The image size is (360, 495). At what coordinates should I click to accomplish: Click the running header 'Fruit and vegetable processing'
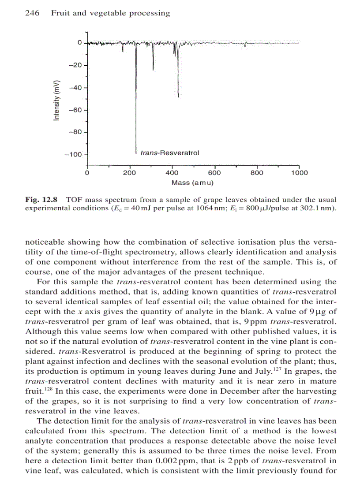pos(110,13)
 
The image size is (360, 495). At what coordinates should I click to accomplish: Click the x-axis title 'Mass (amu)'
pos(192,182)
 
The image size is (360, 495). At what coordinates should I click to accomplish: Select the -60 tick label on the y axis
pos(75,110)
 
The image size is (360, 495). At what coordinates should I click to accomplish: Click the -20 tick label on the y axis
pos(75,65)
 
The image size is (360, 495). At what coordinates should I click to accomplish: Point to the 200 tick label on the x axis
pos(129,173)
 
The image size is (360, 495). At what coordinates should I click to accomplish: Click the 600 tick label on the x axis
pos(214,173)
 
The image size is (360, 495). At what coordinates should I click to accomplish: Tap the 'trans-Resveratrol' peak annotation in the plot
pos(169,153)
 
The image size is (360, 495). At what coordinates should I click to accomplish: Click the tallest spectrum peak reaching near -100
pos(135,150)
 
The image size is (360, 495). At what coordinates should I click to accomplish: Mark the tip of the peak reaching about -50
pos(178,96)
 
